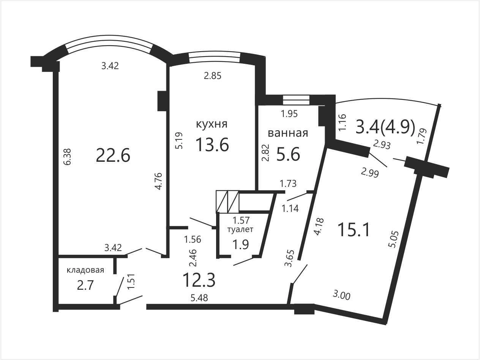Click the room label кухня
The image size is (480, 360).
(x=212, y=124)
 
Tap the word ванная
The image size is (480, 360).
(x=288, y=133)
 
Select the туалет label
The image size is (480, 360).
(x=240, y=229)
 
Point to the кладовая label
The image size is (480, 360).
(x=85, y=270)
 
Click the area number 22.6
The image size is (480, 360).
(x=113, y=155)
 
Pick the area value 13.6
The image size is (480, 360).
(x=212, y=144)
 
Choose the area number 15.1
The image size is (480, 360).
(x=354, y=230)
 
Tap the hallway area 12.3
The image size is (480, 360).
(x=199, y=280)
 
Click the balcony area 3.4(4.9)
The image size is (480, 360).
(x=385, y=127)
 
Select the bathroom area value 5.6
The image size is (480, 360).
(x=288, y=154)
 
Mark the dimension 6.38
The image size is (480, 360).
(x=67, y=157)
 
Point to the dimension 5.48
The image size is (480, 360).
(x=199, y=298)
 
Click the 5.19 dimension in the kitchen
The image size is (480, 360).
(x=179, y=141)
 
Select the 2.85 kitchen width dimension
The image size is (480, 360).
(x=213, y=76)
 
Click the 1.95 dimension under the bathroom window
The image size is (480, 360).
(x=289, y=114)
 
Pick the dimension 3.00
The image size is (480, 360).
(x=341, y=296)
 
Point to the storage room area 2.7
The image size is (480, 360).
(x=85, y=286)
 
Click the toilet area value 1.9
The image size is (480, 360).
(x=240, y=245)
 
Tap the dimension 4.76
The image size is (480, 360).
(x=158, y=181)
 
